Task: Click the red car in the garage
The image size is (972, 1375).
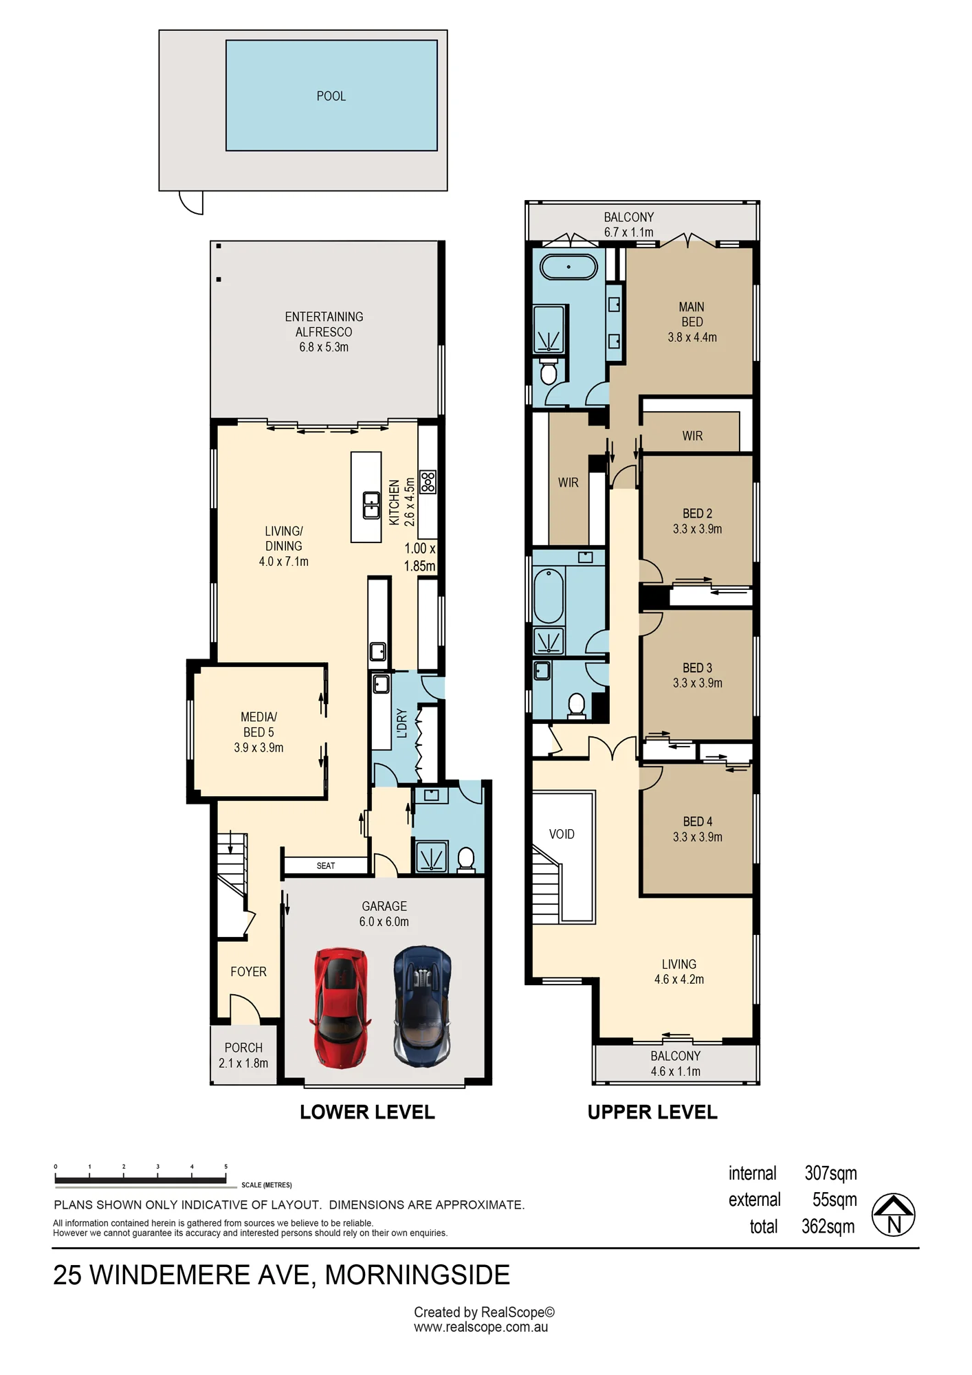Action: (x=340, y=1008)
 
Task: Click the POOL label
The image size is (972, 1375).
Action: (x=331, y=96)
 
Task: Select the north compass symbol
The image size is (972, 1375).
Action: (x=894, y=1215)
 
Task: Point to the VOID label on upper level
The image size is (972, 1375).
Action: (x=562, y=834)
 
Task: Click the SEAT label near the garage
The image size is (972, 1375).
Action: (x=326, y=866)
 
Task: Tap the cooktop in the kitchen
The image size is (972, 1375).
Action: (x=428, y=481)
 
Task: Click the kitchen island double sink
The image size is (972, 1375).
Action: (x=371, y=505)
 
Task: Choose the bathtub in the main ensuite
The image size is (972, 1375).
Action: (x=568, y=267)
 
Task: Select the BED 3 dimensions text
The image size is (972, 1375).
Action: (x=698, y=683)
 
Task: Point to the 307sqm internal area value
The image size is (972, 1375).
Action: (x=831, y=1173)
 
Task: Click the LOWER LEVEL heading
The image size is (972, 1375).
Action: (x=367, y=1112)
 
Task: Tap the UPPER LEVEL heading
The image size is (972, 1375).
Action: (x=652, y=1112)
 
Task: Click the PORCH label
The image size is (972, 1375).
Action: (x=243, y=1048)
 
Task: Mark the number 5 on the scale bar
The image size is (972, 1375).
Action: (x=225, y=1167)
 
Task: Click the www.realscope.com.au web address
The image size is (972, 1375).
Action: (x=481, y=1328)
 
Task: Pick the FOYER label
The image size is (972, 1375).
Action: (x=248, y=971)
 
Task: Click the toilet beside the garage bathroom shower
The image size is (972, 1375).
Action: (x=466, y=860)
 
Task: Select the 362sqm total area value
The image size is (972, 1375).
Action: (x=828, y=1226)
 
